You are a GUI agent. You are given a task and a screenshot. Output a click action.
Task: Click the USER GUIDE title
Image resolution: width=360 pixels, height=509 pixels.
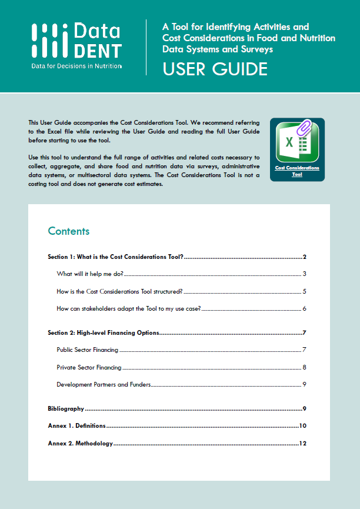click(215, 69)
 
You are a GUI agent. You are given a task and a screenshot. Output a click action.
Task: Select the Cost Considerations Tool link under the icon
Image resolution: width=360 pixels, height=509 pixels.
click(297, 171)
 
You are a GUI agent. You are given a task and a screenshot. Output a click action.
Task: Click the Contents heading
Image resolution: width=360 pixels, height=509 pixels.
click(69, 231)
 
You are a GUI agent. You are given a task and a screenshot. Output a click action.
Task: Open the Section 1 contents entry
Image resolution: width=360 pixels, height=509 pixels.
click(116, 257)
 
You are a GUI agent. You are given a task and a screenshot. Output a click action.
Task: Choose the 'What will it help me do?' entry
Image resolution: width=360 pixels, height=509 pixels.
click(90, 274)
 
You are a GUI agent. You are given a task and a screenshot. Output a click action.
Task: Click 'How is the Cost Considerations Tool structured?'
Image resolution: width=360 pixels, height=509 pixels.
click(119, 291)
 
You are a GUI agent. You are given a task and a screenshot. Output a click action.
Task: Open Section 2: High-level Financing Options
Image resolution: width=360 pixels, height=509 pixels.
click(104, 332)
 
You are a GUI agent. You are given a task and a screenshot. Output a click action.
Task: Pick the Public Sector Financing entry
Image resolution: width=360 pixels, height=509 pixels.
click(88, 350)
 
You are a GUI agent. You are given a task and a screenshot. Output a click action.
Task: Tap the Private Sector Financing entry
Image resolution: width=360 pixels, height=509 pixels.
click(89, 368)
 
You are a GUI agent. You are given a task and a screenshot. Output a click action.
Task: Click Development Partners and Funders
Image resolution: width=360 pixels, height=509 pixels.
click(104, 385)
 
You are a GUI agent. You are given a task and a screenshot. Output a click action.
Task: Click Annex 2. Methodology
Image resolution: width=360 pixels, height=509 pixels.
click(80, 444)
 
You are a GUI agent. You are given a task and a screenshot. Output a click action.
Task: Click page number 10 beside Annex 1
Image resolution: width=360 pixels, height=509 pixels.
click(303, 426)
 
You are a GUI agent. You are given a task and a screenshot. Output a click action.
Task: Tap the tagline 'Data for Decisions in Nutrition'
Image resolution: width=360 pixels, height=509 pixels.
click(76, 66)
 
